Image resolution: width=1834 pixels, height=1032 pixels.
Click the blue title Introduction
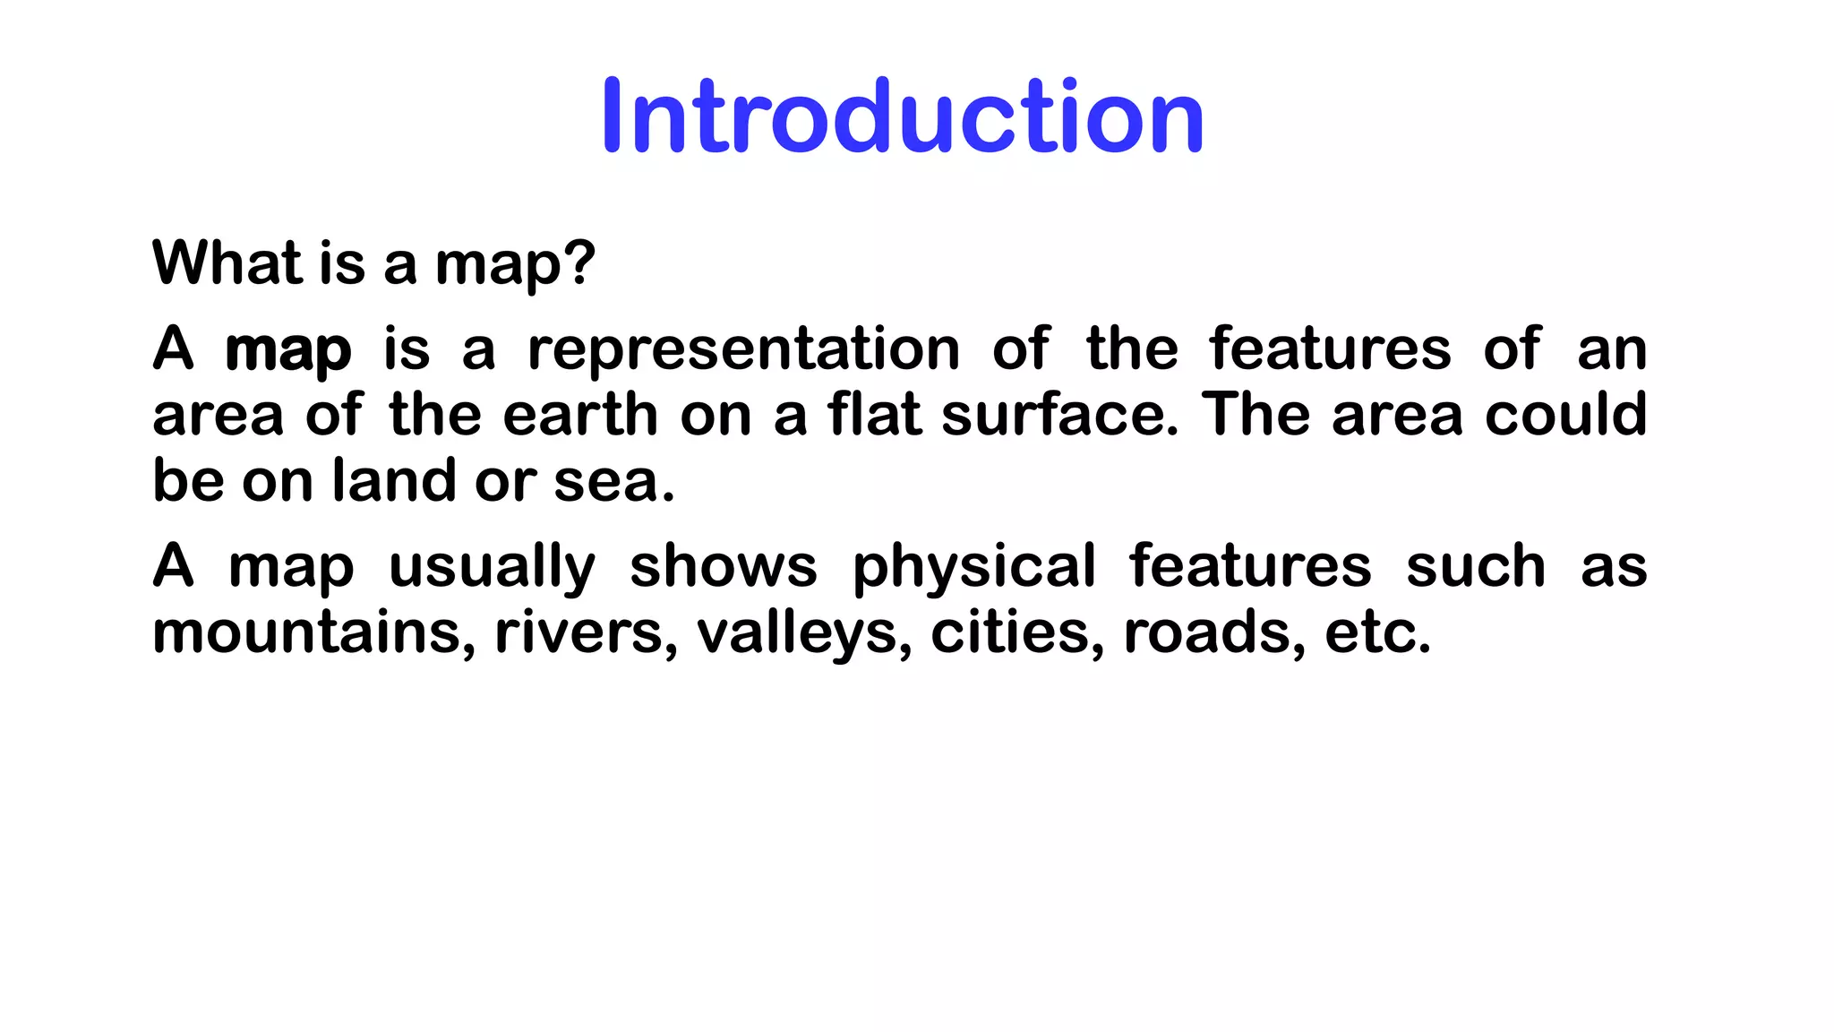pos(903,116)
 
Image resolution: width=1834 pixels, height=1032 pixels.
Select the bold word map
pos(287,350)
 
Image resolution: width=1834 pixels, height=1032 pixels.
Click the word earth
pos(580,415)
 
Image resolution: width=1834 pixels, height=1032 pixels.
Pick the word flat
pos(874,415)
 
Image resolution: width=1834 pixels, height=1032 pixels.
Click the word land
pos(394,481)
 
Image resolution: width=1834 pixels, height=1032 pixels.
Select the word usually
pos(492,568)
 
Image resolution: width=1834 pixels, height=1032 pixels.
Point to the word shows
pos(724,567)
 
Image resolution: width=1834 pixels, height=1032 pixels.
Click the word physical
pos(973,568)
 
